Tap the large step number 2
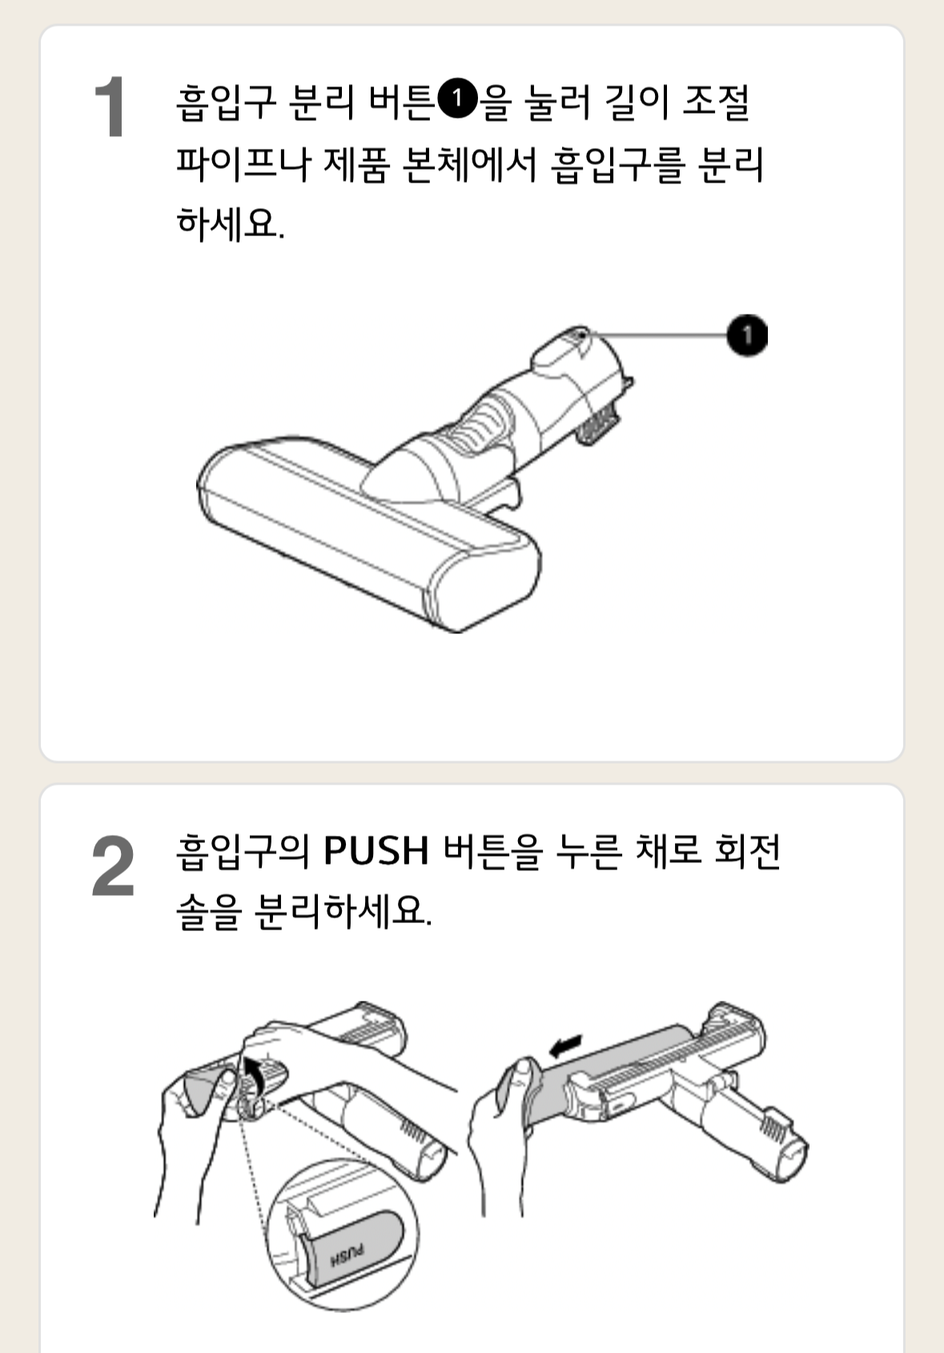(112, 867)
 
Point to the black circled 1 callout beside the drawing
(747, 335)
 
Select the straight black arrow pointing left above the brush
(566, 1046)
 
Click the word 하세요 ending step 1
(230, 223)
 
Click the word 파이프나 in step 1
(243, 164)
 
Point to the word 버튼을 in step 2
(493, 852)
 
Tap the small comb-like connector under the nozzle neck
(598, 423)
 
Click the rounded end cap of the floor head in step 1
(489, 586)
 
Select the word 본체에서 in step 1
(468, 164)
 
